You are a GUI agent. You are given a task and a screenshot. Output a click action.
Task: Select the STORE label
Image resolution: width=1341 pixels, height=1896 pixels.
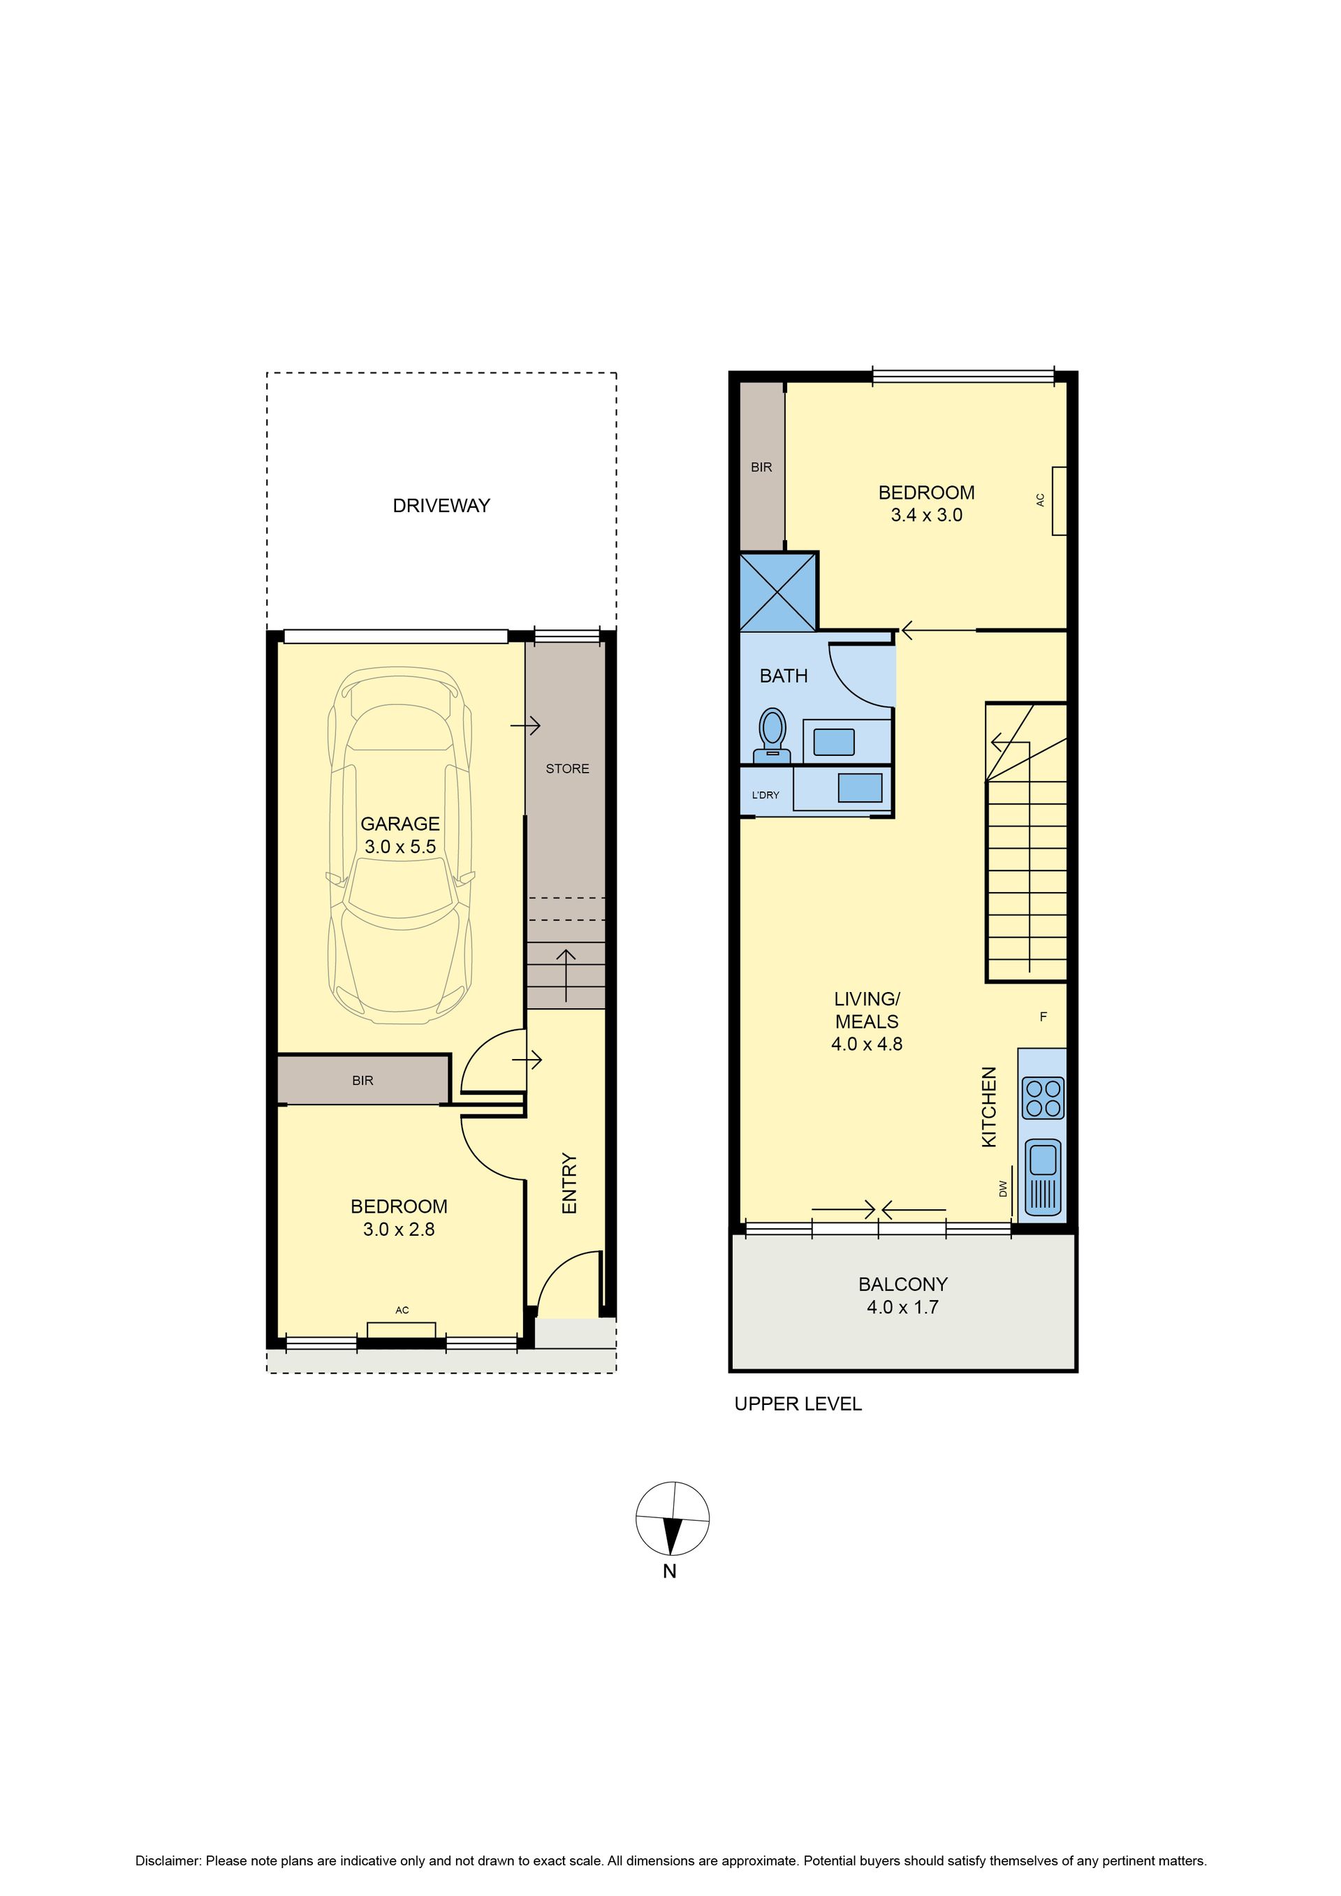point(567,768)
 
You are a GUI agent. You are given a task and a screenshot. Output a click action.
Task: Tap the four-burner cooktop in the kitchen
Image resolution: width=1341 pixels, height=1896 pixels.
point(1043,1098)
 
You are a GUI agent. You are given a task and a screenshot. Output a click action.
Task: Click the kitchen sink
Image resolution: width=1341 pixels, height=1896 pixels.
point(1043,1176)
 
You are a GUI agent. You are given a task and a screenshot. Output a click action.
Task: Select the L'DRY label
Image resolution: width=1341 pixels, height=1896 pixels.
point(765,795)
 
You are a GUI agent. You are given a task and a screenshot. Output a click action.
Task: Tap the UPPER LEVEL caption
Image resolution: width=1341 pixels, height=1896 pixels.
point(798,1403)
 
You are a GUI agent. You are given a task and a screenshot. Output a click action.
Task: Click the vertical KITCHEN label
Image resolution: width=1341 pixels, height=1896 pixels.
point(988,1107)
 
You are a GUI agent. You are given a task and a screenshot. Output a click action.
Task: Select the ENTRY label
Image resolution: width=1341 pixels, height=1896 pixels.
point(569,1183)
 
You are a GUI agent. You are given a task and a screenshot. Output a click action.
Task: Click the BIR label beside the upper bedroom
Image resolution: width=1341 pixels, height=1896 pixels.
point(761,467)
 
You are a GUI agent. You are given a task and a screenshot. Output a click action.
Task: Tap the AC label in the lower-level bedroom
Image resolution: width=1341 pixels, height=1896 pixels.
point(402,1310)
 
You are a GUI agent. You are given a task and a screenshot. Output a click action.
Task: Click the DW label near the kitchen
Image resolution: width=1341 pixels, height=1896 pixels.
point(1003,1188)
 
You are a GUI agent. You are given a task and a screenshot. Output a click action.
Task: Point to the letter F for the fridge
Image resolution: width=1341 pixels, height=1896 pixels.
point(1043,1016)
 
